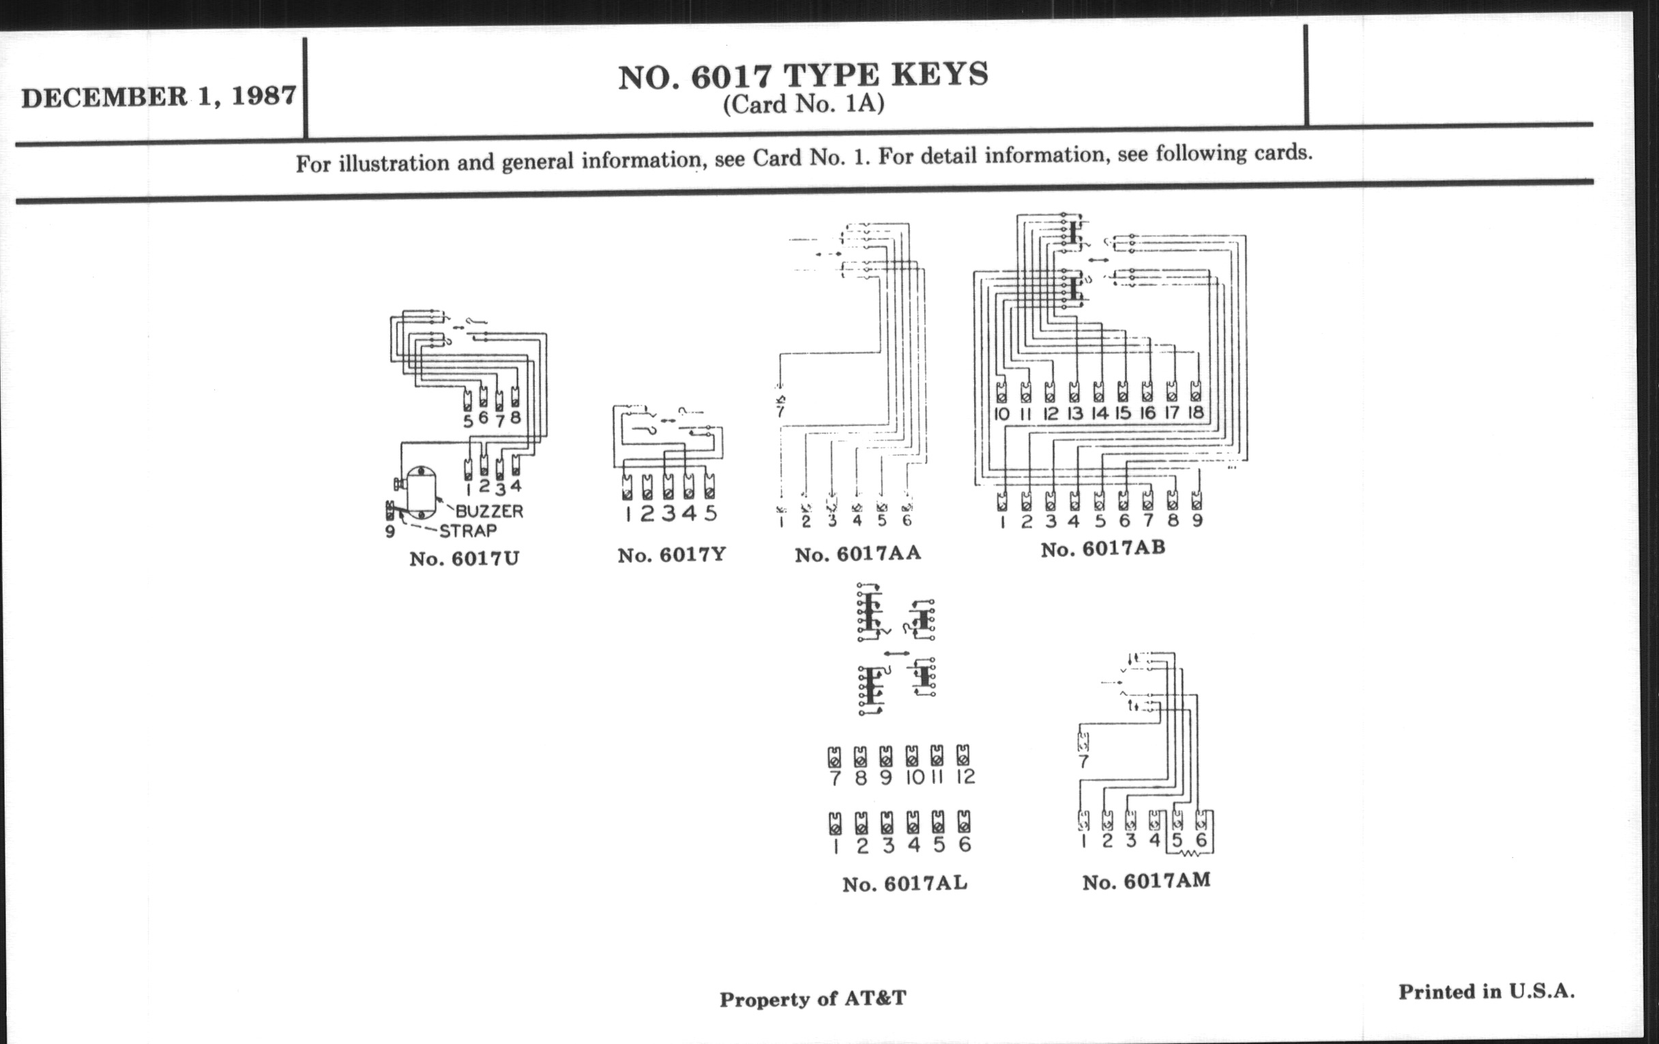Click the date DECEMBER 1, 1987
coord(159,96)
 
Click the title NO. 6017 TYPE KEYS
coord(804,76)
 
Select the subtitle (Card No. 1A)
coord(804,104)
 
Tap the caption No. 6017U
coord(465,557)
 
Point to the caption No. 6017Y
coord(672,555)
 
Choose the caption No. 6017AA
coord(857,554)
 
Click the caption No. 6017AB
coord(1103,549)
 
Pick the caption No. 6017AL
coord(905,884)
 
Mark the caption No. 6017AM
coord(1147,882)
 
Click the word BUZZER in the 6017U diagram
coord(489,511)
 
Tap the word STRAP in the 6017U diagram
coord(468,532)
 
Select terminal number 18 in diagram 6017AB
coord(1195,414)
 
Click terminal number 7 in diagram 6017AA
coord(780,412)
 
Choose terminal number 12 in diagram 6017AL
coord(965,777)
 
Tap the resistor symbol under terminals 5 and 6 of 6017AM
coord(1190,854)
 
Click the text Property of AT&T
coord(813,998)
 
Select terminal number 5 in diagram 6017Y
coord(710,513)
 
